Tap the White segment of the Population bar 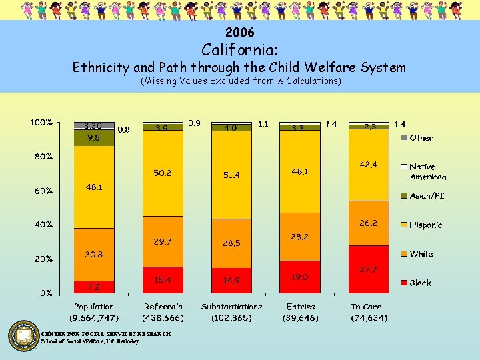click(x=93, y=254)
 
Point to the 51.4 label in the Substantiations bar click(x=231, y=175)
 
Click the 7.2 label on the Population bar click(x=93, y=287)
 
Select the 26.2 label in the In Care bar click(x=368, y=223)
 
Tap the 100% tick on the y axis click(x=41, y=123)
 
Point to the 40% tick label click(x=43, y=225)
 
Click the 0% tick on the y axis click(x=46, y=293)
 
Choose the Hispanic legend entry click(x=425, y=225)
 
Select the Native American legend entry click(x=427, y=171)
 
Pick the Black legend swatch click(x=403, y=283)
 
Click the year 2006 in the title click(x=240, y=32)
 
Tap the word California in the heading click(x=240, y=49)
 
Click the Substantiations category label click(x=231, y=307)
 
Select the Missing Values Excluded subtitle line click(x=240, y=81)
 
